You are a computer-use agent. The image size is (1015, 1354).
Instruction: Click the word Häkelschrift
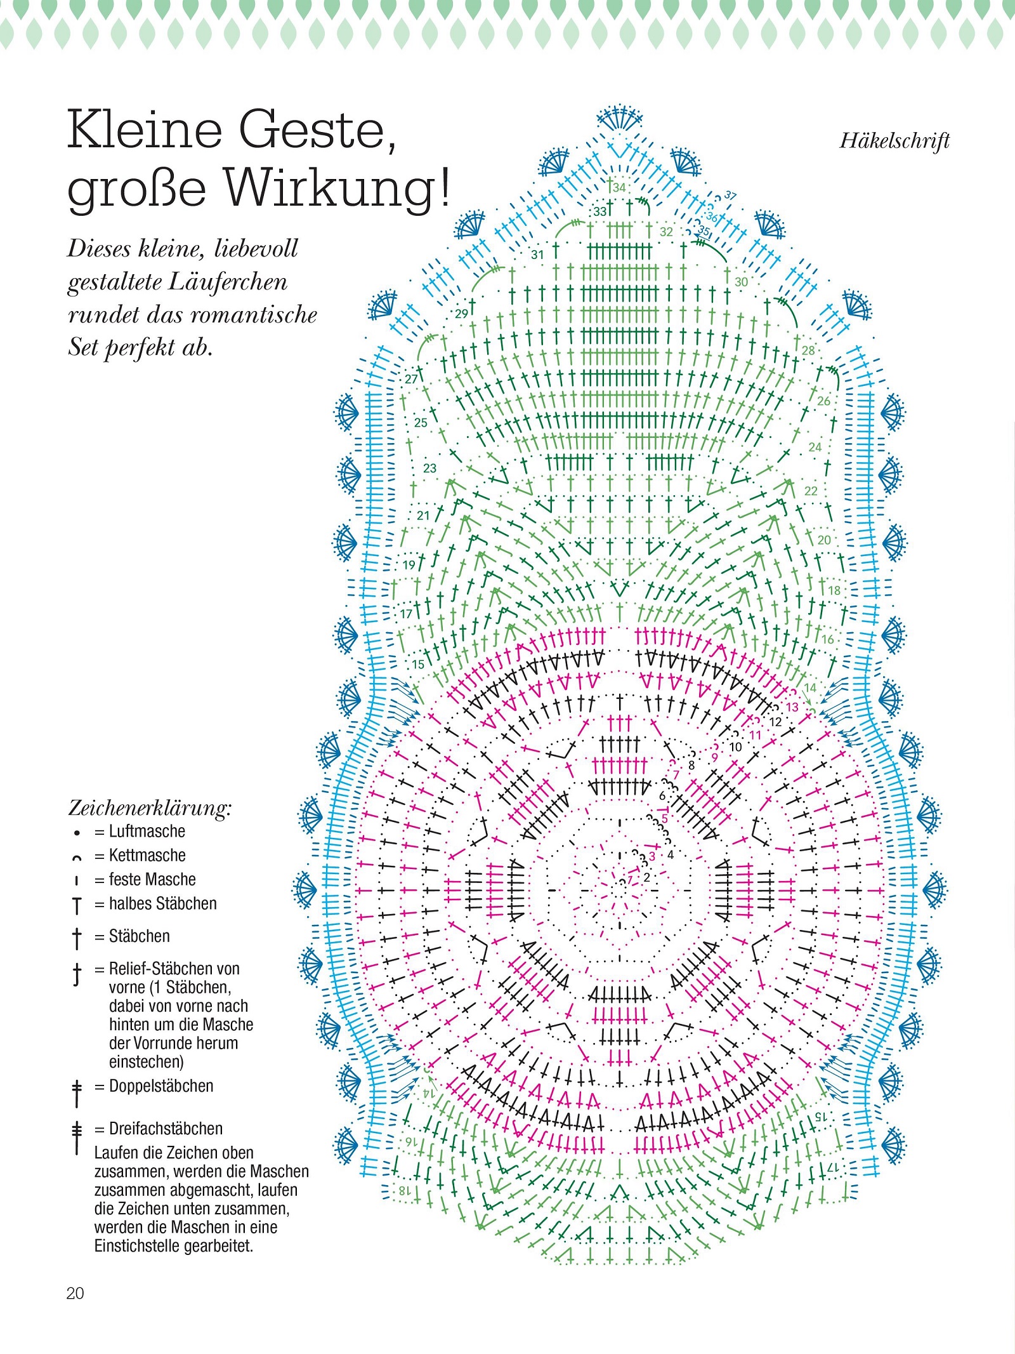point(894,140)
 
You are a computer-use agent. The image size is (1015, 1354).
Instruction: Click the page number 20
point(75,1293)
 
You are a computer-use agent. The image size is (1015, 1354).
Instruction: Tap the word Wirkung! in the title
point(337,188)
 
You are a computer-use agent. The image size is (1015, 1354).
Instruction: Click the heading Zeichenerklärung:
point(150,808)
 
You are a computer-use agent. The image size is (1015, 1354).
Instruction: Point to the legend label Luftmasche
point(147,831)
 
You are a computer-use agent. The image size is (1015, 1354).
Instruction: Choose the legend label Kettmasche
point(147,855)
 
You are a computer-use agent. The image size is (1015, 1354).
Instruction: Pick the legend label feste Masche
point(152,879)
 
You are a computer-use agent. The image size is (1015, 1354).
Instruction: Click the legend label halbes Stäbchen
point(162,903)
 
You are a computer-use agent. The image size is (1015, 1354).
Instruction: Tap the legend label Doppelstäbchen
point(161,1085)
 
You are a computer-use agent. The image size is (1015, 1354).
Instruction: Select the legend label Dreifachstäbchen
point(166,1128)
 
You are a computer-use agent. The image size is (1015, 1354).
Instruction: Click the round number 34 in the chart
point(619,187)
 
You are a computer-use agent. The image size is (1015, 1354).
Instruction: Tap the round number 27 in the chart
point(411,379)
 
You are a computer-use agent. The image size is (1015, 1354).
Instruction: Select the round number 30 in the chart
point(741,281)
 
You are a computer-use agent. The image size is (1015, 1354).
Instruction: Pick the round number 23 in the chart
point(429,468)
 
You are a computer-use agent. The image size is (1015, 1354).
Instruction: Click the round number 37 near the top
point(730,196)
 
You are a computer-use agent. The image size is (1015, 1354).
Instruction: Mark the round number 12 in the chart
point(775,722)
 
